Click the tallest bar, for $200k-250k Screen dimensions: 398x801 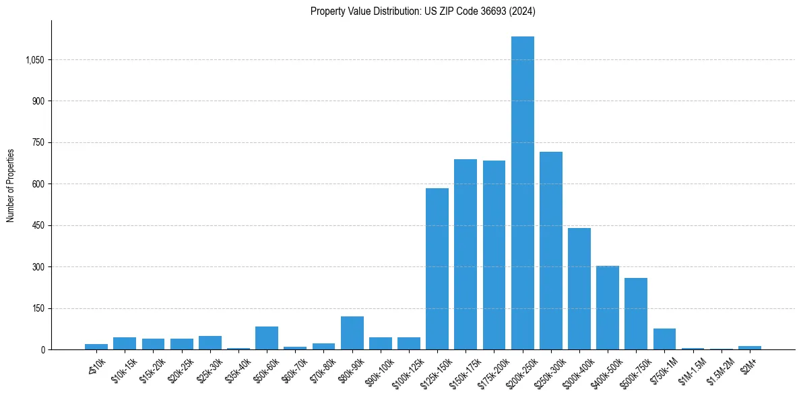point(522,193)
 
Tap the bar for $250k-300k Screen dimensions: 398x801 point(550,250)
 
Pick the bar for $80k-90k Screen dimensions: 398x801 point(352,333)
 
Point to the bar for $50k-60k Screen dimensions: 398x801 point(267,338)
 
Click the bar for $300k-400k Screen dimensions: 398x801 point(579,289)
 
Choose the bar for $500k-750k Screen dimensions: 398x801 point(636,314)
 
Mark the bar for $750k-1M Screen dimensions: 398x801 point(664,339)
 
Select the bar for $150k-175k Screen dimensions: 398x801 point(466,254)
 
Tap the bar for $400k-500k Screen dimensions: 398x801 point(608,308)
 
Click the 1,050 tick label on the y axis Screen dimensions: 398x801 point(34,60)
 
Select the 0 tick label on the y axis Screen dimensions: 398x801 point(42,349)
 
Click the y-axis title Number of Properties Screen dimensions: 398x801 point(11,185)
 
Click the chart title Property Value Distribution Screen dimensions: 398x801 point(422,11)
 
